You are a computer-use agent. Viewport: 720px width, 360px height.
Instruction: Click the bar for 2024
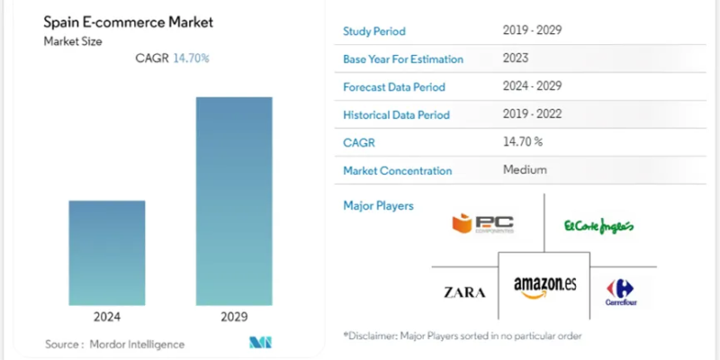pos(107,253)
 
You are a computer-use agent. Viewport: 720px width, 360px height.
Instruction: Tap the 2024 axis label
pos(107,317)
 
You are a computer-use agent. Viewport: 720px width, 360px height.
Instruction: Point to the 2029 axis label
pos(234,317)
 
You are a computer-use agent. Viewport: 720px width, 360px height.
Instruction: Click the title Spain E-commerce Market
pos(122,21)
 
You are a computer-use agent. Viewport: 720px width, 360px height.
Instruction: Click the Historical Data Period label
pos(396,115)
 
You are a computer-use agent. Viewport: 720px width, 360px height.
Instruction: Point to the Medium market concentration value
pos(525,169)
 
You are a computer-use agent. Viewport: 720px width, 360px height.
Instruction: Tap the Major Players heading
pos(378,206)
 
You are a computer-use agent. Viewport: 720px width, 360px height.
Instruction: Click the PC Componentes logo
pos(483,223)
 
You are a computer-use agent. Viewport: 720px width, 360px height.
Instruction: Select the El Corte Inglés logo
pos(598,225)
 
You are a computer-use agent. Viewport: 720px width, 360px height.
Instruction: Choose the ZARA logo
pos(465,292)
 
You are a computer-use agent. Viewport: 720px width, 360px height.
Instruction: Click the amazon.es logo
pos(544,286)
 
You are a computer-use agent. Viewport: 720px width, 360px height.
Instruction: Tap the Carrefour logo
pos(621,292)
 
